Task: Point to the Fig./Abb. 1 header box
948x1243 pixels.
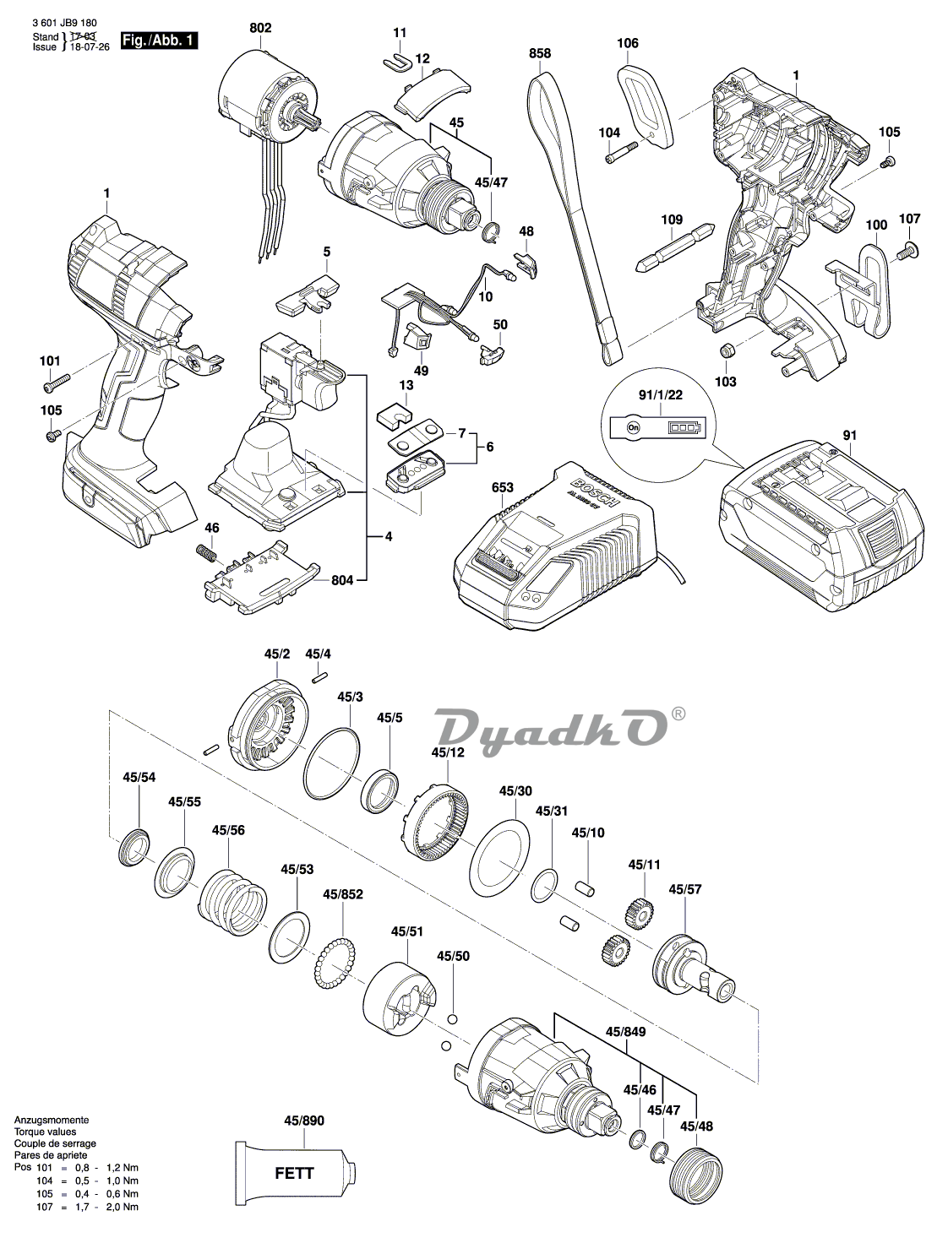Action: tap(160, 41)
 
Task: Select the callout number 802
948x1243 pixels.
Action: tap(260, 29)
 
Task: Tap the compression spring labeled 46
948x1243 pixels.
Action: tap(207, 555)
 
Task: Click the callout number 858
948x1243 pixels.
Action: tap(540, 54)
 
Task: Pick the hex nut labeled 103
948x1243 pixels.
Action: tap(725, 350)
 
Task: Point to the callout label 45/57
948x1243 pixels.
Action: tap(685, 889)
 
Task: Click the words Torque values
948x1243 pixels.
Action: tap(45, 1132)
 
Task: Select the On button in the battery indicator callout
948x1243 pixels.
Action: tap(633, 428)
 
